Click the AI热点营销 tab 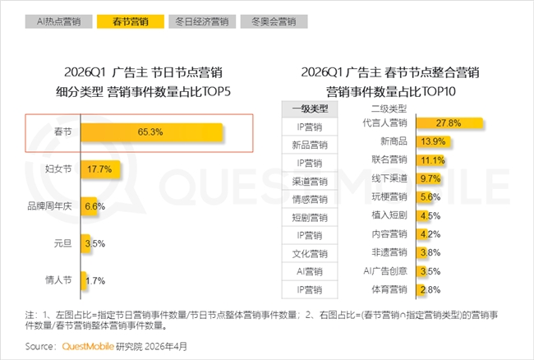[x=58, y=21]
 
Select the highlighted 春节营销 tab [x=131, y=21]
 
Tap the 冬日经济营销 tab [x=202, y=21]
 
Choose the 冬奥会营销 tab [x=274, y=21]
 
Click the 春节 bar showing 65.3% [x=151, y=132]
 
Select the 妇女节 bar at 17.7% [x=100, y=169]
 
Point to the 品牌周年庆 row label [x=49, y=206]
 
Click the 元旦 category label [x=62, y=243]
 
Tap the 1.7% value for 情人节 [x=95, y=281]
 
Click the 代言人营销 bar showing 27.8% [x=449, y=123]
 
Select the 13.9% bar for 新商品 [x=433, y=141]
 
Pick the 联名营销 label [x=389, y=159]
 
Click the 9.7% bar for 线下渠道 [x=428, y=178]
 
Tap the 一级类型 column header [x=310, y=109]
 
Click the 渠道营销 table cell [x=310, y=181]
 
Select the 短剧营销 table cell [x=310, y=217]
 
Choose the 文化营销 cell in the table [x=310, y=253]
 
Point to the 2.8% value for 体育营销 [x=430, y=290]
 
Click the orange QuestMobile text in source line [x=88, y=346]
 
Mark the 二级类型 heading [x=389, y=109]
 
